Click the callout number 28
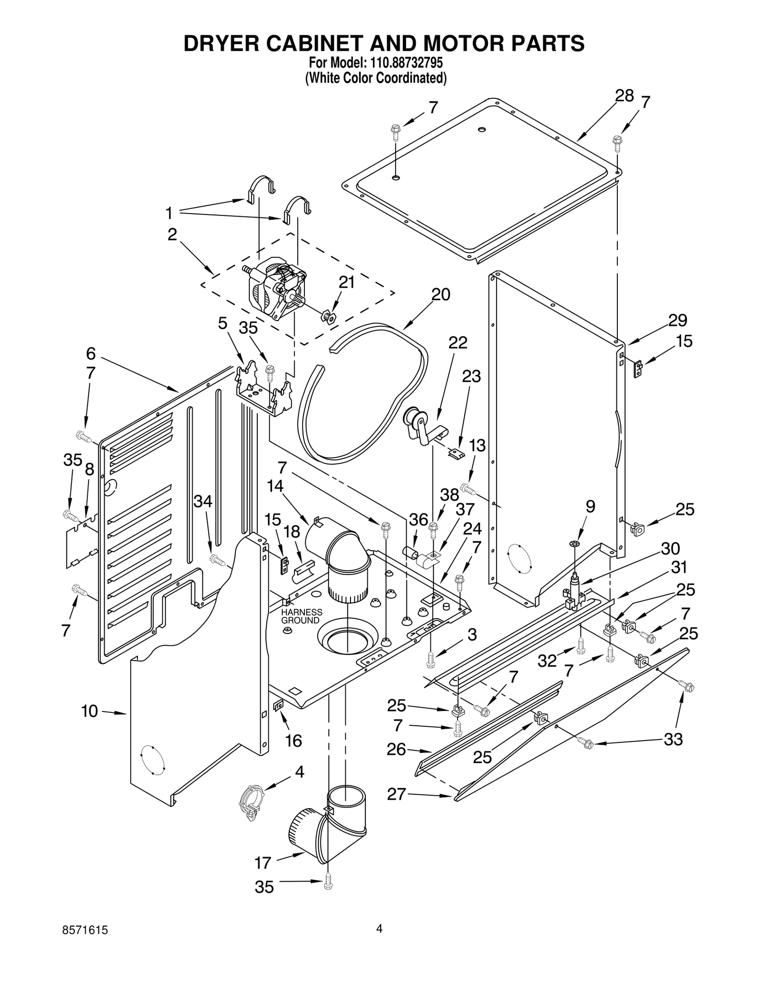click(x=624, y=97)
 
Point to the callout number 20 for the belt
click(x=440, y=295)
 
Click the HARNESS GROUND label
click(x=301, y=616)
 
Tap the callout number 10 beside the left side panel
click(x=89, y=711)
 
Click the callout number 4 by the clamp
click(x=299, y=771)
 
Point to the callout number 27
click(x=396, y=794)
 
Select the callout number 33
click(x=673, y=739)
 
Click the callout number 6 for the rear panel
click(x=91, y=353)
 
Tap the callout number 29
click(x=677, y=321)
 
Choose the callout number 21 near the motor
click(x=346, y=283)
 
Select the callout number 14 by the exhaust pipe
click(x=275, y=486)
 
